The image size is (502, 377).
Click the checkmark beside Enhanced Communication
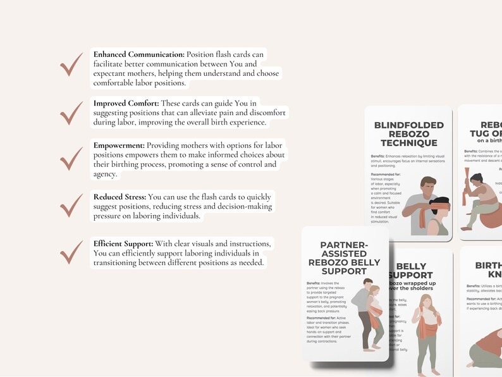click(71, 65)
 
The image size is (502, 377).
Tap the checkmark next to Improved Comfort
click(71, 113)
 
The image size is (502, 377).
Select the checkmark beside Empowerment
click(71, 158)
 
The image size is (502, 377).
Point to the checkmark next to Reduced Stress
click(71, 205)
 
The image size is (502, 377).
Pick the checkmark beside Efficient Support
click(71, 252)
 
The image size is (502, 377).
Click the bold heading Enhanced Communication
click(138, 54)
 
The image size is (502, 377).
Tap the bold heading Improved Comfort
click(126, 103)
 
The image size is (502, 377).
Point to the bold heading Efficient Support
click(123, 244)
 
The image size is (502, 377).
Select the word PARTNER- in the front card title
click(344, 245)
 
